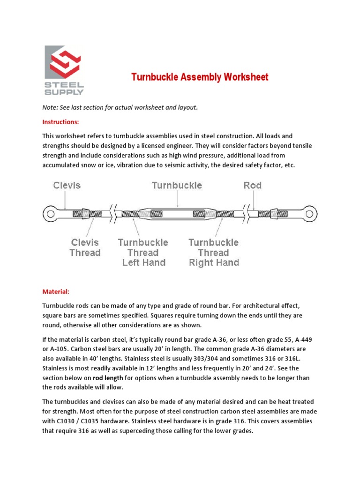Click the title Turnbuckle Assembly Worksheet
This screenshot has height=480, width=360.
pos(199,77)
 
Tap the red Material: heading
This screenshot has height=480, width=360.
pos(56,292)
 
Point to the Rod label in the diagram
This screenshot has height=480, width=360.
pos(253,185)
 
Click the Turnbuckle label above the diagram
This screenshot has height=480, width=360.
pos(177,185)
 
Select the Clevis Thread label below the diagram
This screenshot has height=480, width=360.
pos(85,247)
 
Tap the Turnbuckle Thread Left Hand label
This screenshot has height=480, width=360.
pos(143,252)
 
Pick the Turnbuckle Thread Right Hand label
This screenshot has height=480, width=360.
pos(214,252)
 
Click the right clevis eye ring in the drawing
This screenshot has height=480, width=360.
pos(307,214)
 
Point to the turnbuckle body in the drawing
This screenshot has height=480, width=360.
pos(177,214)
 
